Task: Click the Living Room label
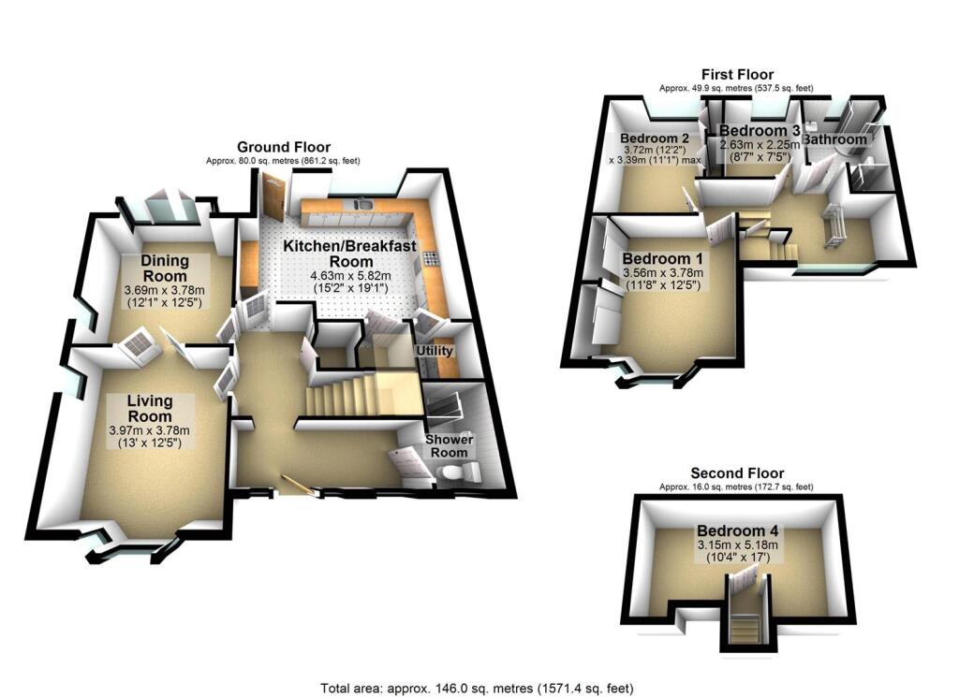(x=150, y=409)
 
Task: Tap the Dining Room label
(x=165, y=268)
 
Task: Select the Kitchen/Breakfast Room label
(x=341, y=253)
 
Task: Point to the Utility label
(x=435, y=351)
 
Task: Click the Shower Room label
(x=450, y=445)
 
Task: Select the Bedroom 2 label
(x=648, y=133)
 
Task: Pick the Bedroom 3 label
(x=760, y=131)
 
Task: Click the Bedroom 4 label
(x=737, y=530)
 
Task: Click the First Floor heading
(x=738, y=75)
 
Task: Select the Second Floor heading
(x=737, y=473)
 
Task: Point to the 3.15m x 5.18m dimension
(x=737, y=545)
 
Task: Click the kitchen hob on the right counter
(x=431, y=258)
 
